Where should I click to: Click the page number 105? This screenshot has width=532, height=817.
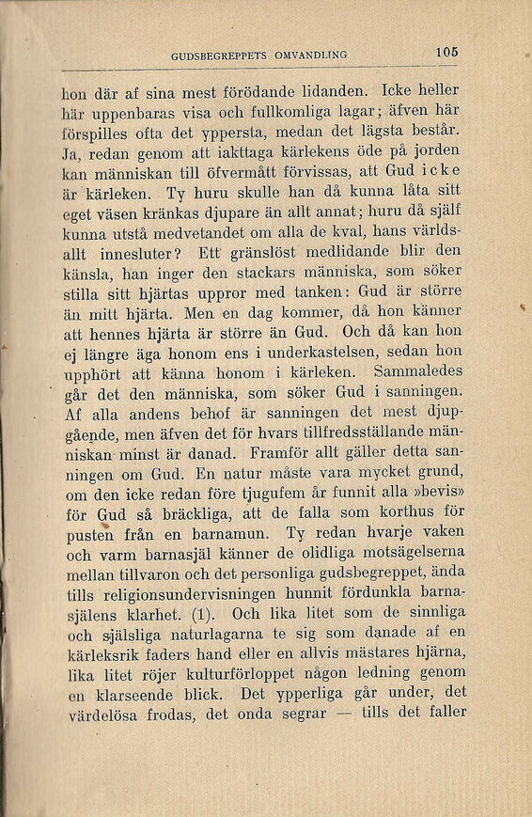(447, 54)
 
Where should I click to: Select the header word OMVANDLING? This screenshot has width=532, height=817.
(311, 55)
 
